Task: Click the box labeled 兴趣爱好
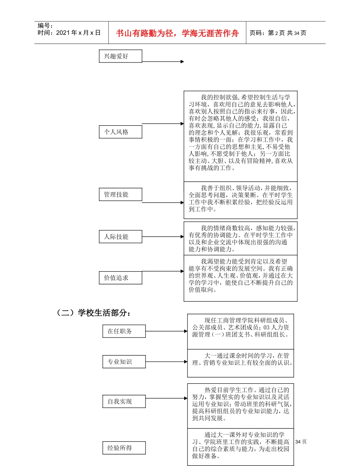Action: (120, 56)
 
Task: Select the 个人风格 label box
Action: (120, 132)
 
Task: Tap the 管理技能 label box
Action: (120, 194)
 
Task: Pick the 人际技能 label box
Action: (120, 236)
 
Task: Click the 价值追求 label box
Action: (120, 278)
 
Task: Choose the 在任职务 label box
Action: (124, 331)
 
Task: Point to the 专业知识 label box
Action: (124, 362)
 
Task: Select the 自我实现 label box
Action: (124, 401)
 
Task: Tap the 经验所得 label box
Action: (124, 448)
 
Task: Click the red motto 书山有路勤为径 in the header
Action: (178, 33)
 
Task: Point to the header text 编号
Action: (45, 26)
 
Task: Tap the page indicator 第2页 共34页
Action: (278, 33)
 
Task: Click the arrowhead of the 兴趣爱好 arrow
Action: (182, 61)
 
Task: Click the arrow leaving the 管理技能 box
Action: (163, 203)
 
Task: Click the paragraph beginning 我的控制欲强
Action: (240, 133)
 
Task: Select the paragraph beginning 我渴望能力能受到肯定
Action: (240, 275)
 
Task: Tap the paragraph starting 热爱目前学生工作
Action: (240, 404)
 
